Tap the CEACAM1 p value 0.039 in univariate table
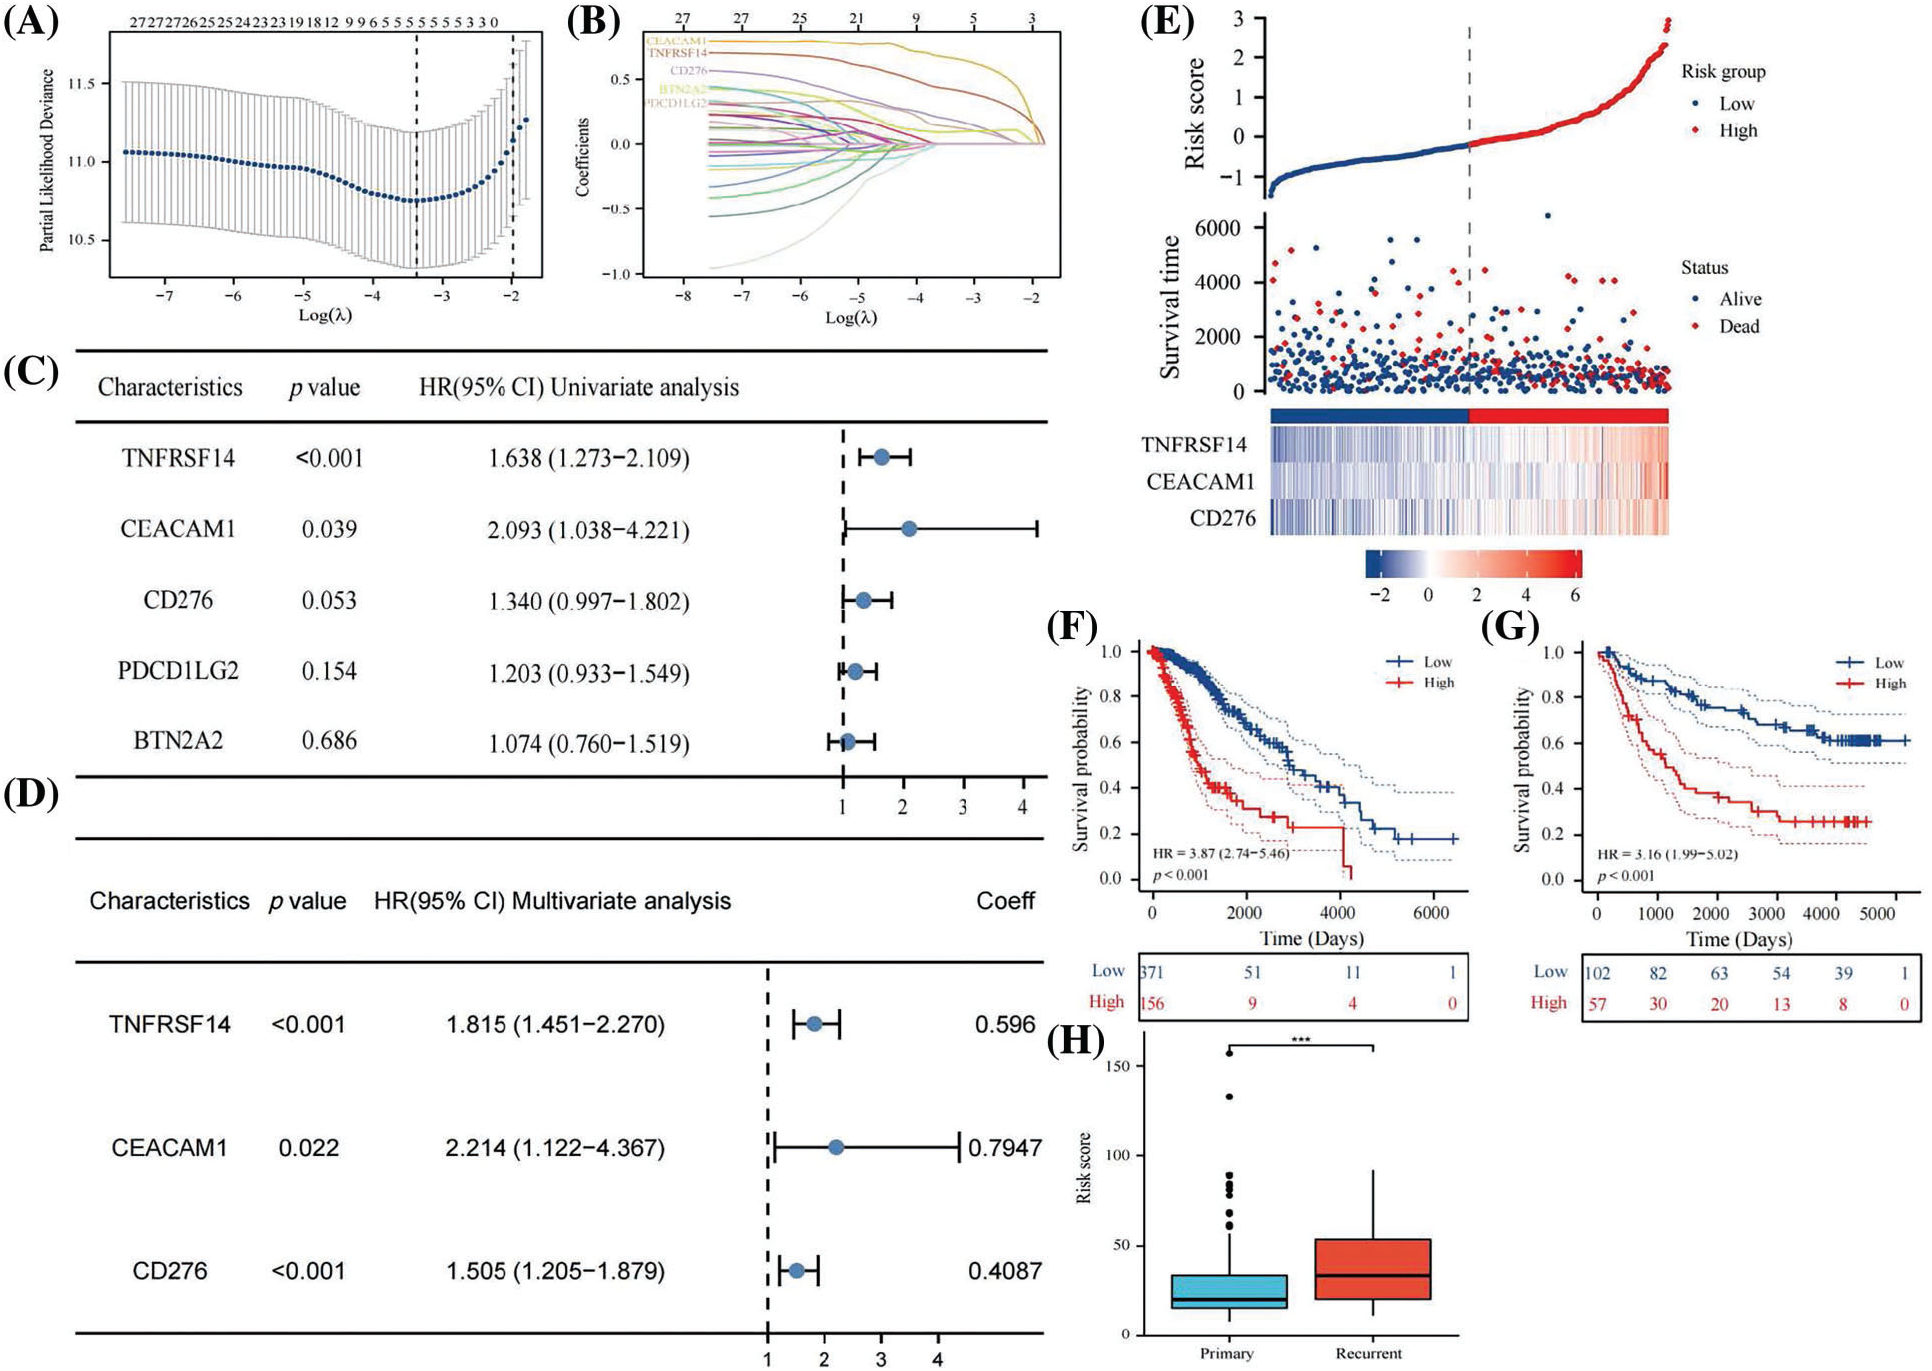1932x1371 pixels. tap(329, 529)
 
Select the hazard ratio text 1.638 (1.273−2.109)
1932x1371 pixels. tap(588, 458)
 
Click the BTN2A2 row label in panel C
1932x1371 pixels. tap(178, 741)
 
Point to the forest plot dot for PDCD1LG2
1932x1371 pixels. tap(855, 672)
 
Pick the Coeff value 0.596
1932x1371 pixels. tap(1005, 1024)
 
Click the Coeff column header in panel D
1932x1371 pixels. tap(1005, 901)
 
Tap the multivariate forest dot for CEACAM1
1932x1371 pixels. tap(836, 1148)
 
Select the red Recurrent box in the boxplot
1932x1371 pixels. tap(1372, 1269)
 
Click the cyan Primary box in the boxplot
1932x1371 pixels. tap(1228, 1291)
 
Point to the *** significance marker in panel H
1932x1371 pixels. tap(1300, 1040)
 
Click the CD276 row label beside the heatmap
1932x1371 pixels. tap(1222, 518)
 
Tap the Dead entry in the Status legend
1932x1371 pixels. tap(1739, 326)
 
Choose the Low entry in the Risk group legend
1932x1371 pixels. tap(1736, 104)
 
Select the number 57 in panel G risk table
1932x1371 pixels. tap(1597, 1004)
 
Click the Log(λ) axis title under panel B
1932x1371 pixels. tap(851, 317)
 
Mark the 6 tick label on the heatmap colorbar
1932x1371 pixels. tap(1575, 594)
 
